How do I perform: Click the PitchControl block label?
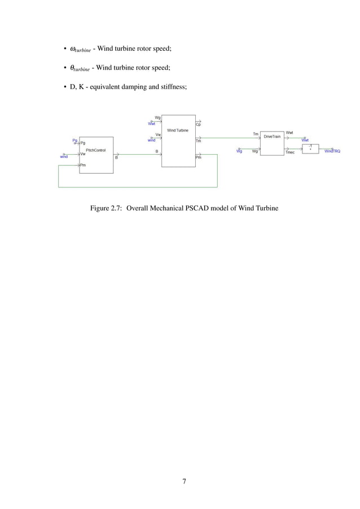tap(96, 150)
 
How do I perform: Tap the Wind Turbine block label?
tap(178, 130)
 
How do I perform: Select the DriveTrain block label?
tap(273, 137)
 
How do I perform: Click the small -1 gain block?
tap(310, 148)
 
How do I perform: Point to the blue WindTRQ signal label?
tap(332, 151)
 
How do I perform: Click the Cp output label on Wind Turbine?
tap(198, 124)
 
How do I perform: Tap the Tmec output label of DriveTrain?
tap(290, 152)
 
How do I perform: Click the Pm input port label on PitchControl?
tap(83, 165)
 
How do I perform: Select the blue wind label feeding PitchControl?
tap(64, 156)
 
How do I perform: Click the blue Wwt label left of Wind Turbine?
tap(151, 123)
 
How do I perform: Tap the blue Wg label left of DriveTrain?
tap(239, 151)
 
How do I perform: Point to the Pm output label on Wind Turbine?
tap(198, 158)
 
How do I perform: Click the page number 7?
tap(184, 481)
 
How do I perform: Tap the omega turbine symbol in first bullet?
tap(80, 49)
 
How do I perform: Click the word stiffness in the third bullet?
tap(172, 86)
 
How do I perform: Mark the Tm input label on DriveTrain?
tap(256, 134)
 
